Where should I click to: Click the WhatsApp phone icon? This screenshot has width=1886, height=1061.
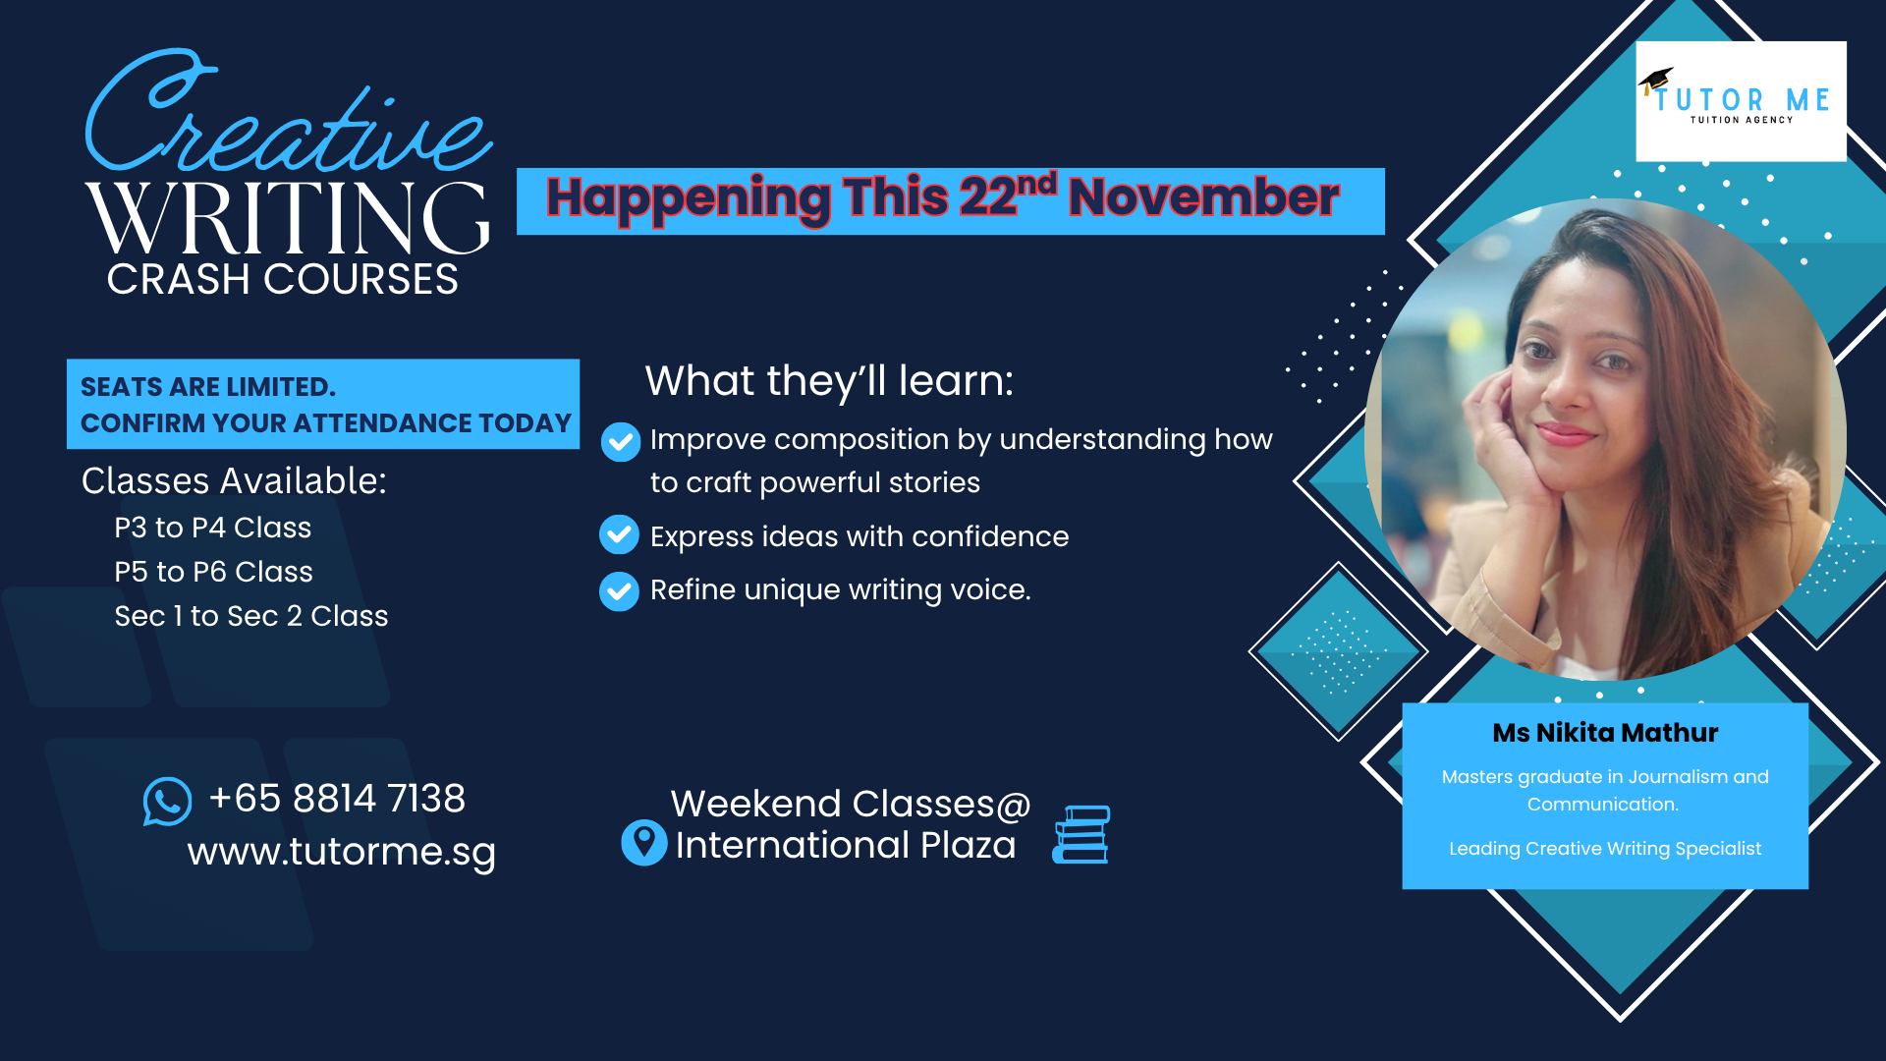point(168,802)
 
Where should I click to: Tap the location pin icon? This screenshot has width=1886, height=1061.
point(644,842)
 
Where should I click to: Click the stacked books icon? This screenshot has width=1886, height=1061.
point(1082,834)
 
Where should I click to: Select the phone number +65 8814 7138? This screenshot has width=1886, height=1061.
point(337,799)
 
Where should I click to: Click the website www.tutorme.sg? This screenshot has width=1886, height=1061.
point(342,852)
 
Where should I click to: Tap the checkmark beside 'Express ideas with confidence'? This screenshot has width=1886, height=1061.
point(620,535)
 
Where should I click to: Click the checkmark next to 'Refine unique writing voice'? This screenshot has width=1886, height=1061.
point(620,591)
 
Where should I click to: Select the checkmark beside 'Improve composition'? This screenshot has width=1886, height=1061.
point(621,442)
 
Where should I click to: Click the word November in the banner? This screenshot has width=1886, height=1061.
point(1204,197)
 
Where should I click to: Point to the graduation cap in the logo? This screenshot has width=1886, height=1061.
point(1656,81)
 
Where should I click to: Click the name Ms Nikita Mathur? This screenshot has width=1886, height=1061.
point(1605,733)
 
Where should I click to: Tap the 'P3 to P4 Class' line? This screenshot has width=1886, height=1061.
point(213,528)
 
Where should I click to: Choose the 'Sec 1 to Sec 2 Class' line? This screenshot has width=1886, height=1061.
point(251,616)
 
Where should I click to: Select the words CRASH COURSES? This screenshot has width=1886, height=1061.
point(283,280)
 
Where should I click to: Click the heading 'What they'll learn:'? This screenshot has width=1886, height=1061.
point(829,381)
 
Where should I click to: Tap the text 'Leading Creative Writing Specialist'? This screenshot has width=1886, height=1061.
point(1605,849)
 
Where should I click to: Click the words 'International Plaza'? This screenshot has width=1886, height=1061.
point(846,846)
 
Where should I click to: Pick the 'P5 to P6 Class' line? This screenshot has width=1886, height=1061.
point(214,572)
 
